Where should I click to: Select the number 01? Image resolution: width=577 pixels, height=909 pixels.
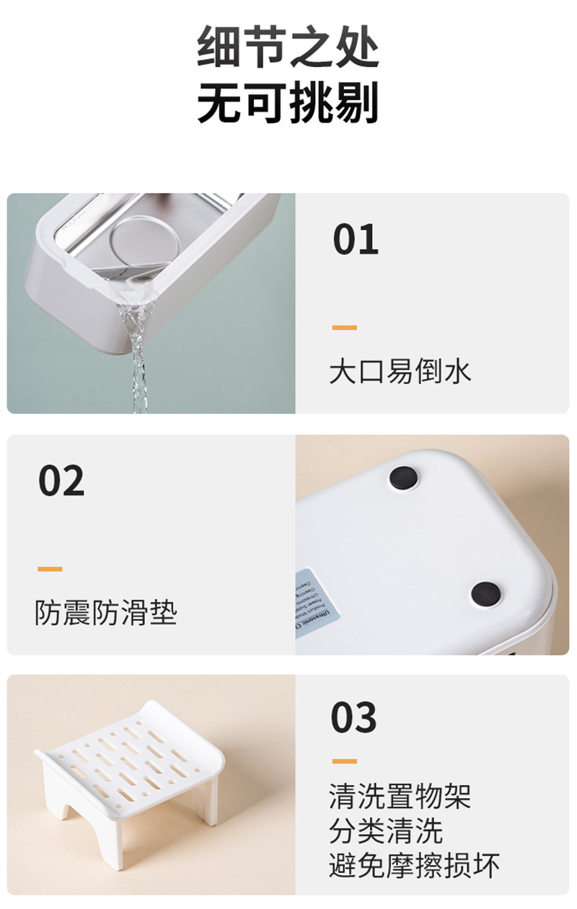[x=356, y=240]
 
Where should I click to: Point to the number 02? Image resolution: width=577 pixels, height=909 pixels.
[x=61, y=481]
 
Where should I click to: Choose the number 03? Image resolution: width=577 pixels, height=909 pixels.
[x=354, y=717]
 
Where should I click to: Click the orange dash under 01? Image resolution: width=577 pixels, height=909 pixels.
[x=345, y=328]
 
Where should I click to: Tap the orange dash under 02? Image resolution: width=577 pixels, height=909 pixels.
[x=50, y=569]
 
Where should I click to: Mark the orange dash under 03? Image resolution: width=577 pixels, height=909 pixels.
[x=345, y=761]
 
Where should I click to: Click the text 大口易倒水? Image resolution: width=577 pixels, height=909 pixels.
[x=400, y=372]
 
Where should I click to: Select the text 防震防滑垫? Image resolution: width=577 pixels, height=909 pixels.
[x=105, y=613]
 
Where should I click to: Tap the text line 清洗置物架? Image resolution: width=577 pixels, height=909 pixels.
[x=400, y=797]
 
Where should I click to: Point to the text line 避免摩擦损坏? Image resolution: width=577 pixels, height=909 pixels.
[x=414, y=865]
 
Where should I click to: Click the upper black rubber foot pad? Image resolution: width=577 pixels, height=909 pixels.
[x=403, y=477]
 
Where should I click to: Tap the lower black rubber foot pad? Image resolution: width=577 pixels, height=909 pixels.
[x=485, y=594]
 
